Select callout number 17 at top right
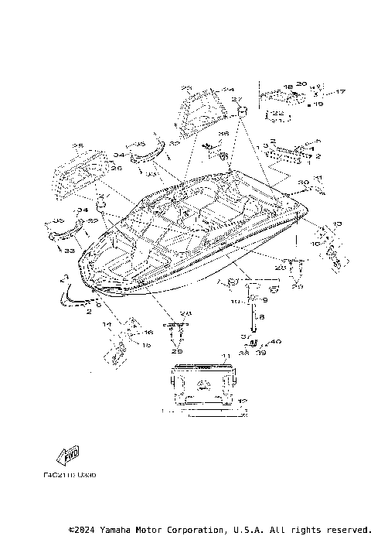click(342, 92)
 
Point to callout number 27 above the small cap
click(237, 100)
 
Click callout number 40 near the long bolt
click(276, 341)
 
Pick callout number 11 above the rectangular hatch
click(226, 356)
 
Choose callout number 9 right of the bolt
click(264, 300)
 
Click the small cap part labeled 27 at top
click(241, 112)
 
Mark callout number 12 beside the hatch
click(242, 401)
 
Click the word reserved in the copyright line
click(339, 530)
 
